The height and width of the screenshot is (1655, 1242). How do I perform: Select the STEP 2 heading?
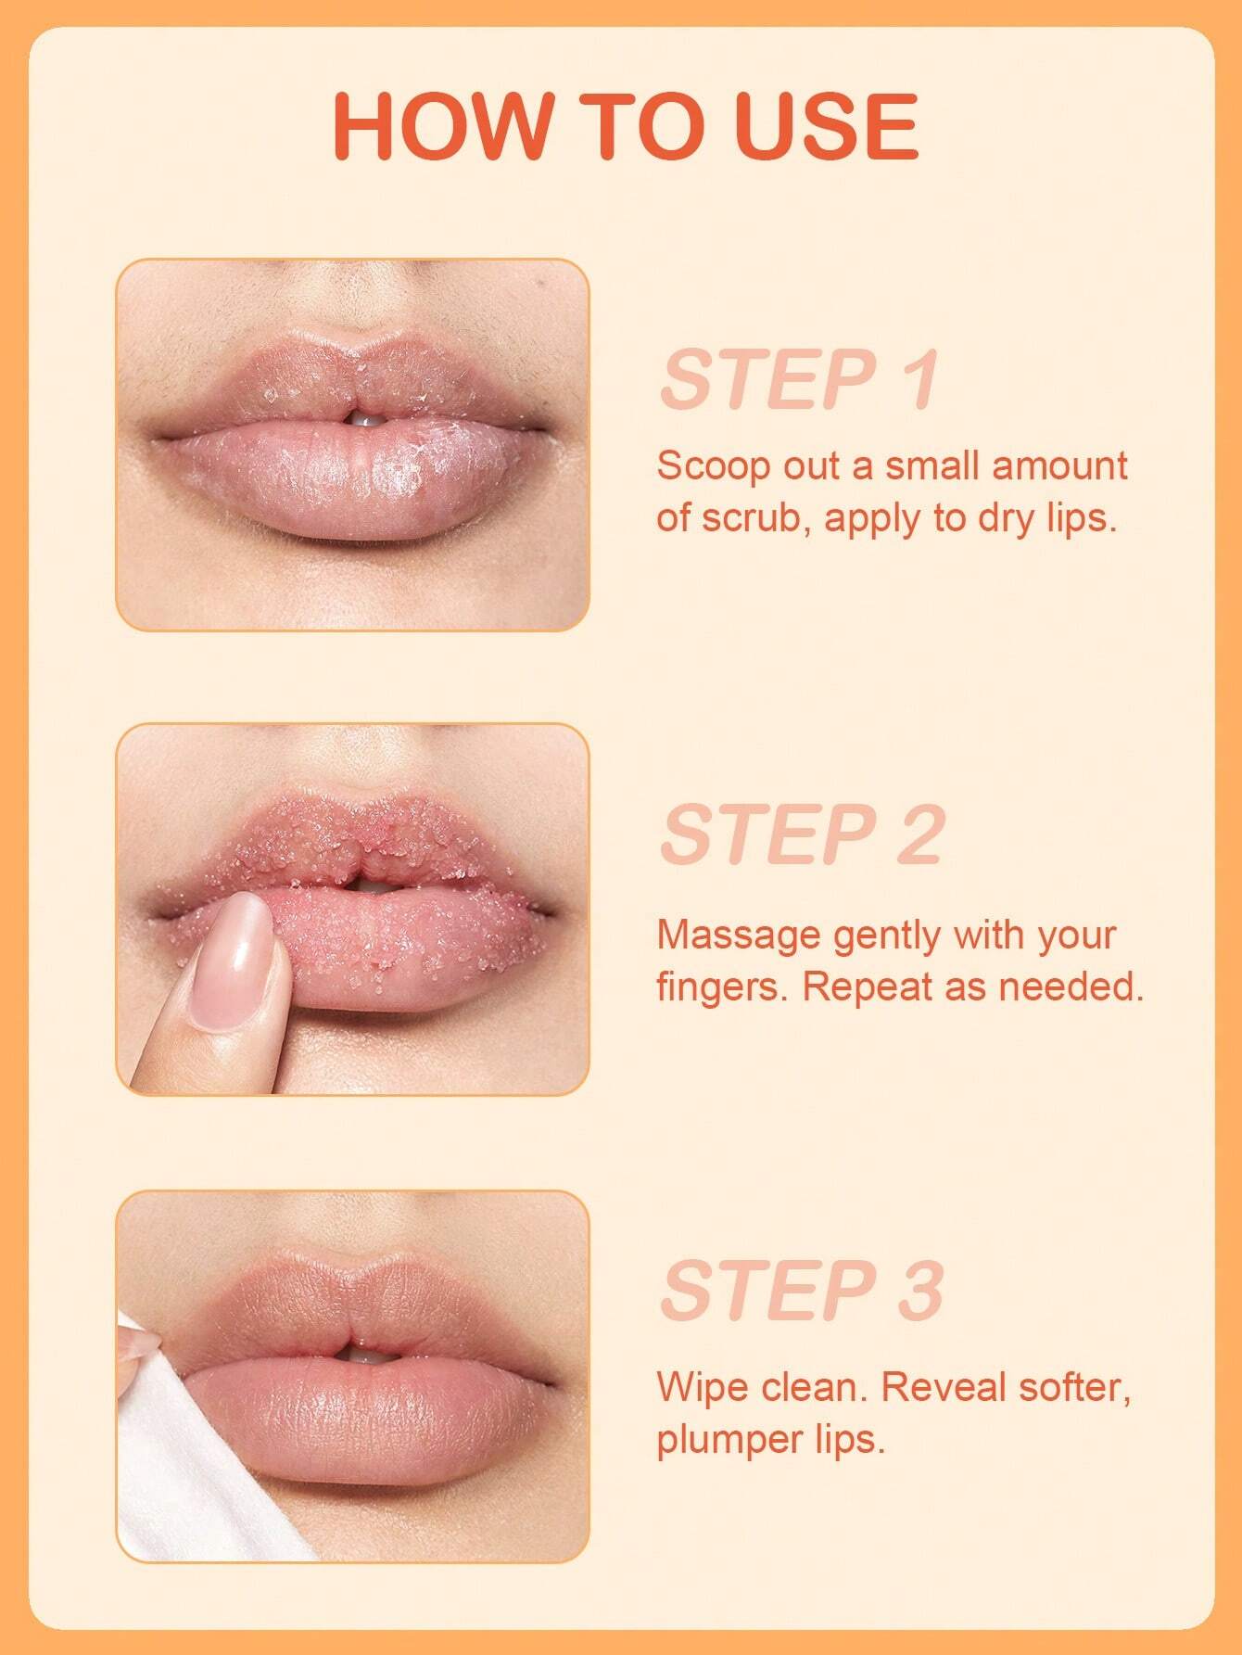pos(802,834)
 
